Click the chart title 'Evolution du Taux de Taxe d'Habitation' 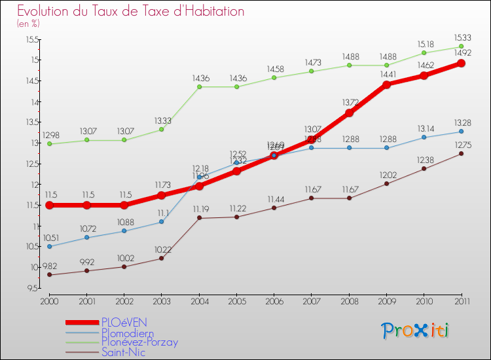click(131, 11)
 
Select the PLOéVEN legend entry click(124, 322)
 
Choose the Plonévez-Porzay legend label click(139, 342)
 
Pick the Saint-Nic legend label click(123, 352)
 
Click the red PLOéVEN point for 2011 click(462, 63)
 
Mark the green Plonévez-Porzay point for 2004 click(199, 86)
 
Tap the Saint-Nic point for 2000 click(49, 275)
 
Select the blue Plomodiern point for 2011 click(462, 132)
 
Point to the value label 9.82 click(50, 266)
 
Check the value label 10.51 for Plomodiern click(50, 238)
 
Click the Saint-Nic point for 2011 click(462, 154)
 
